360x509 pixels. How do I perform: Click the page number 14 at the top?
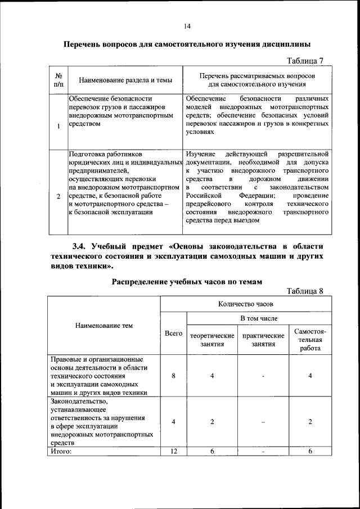(x=187, y=26)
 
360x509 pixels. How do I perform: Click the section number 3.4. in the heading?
(x=84, y=246)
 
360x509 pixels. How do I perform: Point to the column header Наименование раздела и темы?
(x=125, y=80)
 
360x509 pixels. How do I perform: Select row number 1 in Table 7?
(x=58, y=125)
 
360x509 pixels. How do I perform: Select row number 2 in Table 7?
(x=58, y=197)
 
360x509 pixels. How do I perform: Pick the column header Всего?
(x=173, y=334)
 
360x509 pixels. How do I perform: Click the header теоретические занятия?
(x=212, y=339)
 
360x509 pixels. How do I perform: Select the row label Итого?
(x=62, y=451)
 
